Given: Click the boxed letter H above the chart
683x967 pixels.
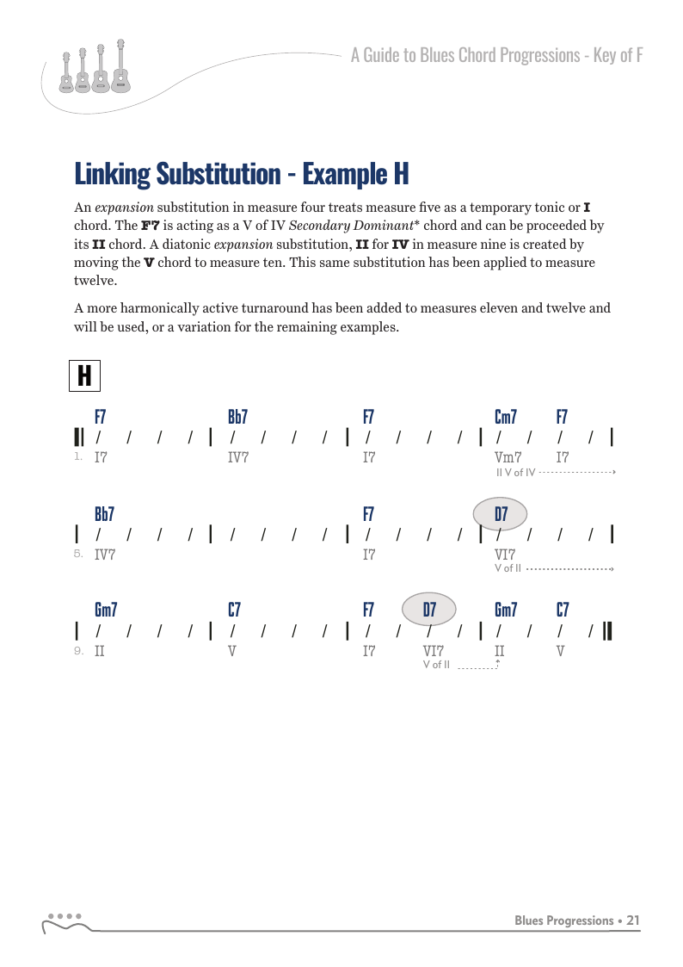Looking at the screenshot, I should point(84,375).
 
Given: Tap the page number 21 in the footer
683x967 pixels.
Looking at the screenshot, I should point(633,921).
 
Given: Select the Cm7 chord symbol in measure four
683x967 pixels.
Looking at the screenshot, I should point(506,418).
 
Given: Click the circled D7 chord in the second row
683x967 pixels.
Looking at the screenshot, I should point(500,514).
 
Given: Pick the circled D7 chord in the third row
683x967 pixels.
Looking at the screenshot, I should point(429,610).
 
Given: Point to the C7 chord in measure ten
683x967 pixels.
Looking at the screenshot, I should point(234,611).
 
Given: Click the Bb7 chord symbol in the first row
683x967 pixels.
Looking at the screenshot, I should point(237,418).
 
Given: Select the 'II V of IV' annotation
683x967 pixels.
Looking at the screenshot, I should point(516,473).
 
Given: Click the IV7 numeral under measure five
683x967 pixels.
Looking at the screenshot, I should point(105,555).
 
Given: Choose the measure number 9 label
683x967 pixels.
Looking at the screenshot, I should point(78,651).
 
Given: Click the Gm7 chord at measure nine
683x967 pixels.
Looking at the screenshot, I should point(106,611).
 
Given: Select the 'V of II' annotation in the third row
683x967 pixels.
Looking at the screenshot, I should point(436,665).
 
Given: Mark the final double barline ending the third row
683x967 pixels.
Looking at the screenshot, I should point(608,631).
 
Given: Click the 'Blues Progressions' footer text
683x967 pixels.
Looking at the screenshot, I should point(563,921).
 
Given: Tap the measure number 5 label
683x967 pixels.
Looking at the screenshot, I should point(78,555).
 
